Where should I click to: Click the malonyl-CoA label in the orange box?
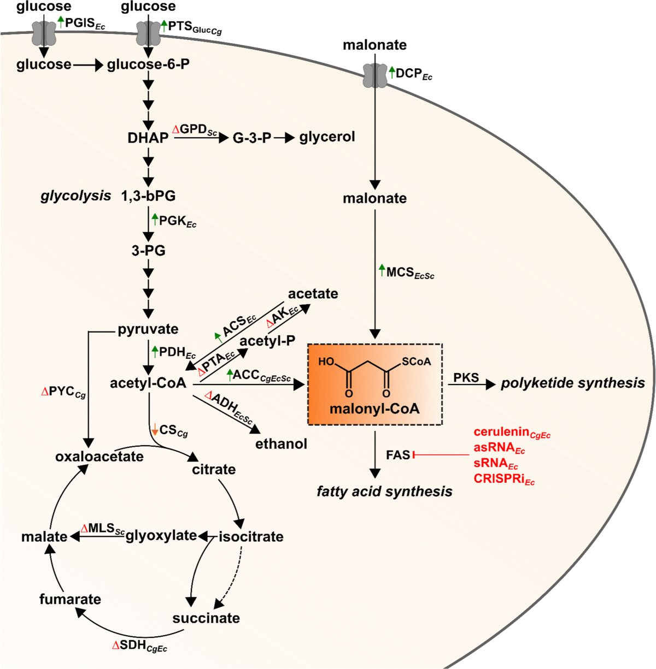point(374,408)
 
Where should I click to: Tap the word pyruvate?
point(148,329)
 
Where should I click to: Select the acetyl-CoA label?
point(148,383)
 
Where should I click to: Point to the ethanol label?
point(281,443)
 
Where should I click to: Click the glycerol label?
point(327,137)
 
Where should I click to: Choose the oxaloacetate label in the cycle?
point(99,457)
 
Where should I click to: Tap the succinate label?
point(206,618)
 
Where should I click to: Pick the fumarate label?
point(70,599)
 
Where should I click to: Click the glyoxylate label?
point(161,536)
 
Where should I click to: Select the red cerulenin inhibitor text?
point(501,432)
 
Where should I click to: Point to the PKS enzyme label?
point(466,378)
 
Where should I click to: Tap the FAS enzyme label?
point(397,455)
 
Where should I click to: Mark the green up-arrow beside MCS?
point(382,269)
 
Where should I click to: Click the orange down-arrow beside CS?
point(155,429)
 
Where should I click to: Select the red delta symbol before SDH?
point(115,646)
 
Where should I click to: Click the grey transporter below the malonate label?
point(375,75)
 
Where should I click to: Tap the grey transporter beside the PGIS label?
point(44,33)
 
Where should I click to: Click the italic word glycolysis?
point(75,196)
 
